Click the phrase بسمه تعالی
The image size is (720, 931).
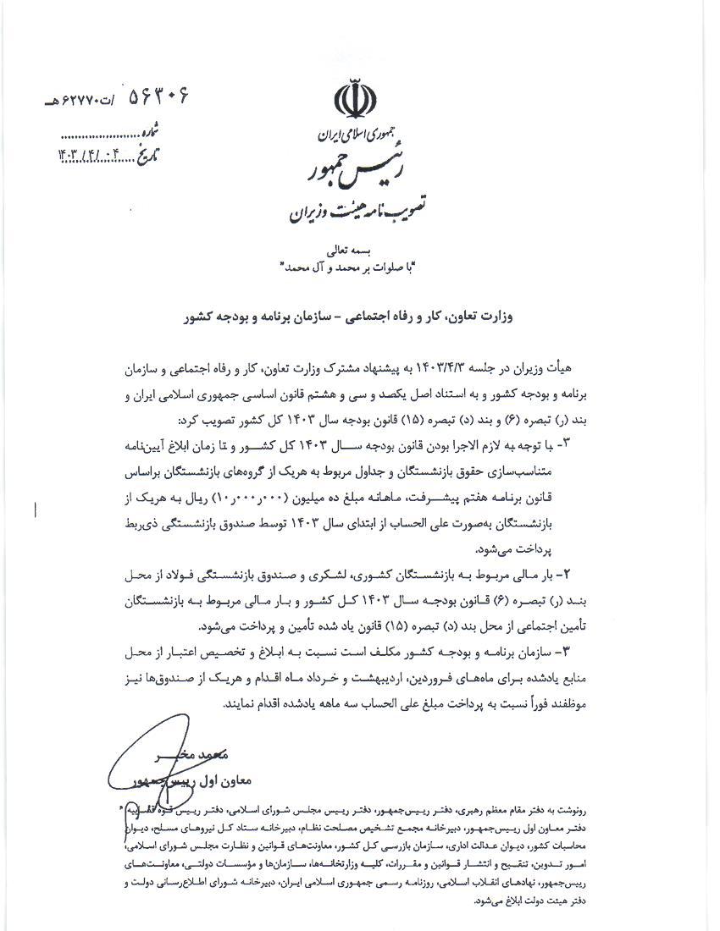pyautogui.click(x=352, y=251)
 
